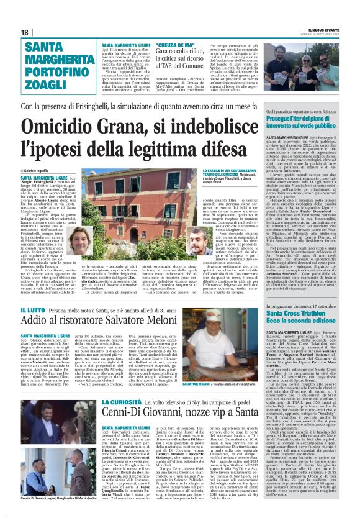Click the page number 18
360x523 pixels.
[x=25, y=32]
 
